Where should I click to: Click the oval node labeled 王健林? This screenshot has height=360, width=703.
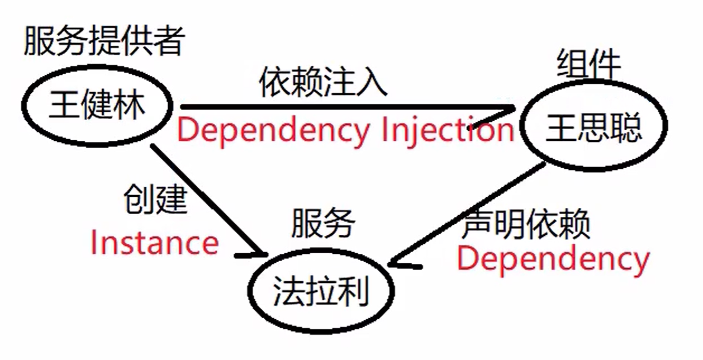tap(97, 106)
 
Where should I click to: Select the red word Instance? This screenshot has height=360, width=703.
tap(154, 244)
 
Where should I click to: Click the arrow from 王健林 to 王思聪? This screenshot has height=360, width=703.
tap(346, 107)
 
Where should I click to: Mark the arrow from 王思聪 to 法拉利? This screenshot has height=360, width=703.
tap(469, 213)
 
